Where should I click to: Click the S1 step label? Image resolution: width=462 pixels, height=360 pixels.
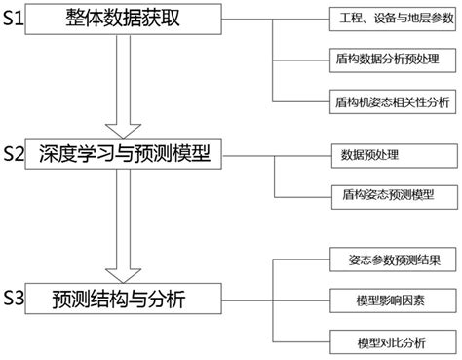pyautogui.click(x=14, y=20)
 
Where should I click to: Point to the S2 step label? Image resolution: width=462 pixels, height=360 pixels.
pyautogui.click(x=14, y=154)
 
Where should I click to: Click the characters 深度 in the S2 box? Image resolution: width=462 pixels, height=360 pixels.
pyautogui.click(x=60, y=154)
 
